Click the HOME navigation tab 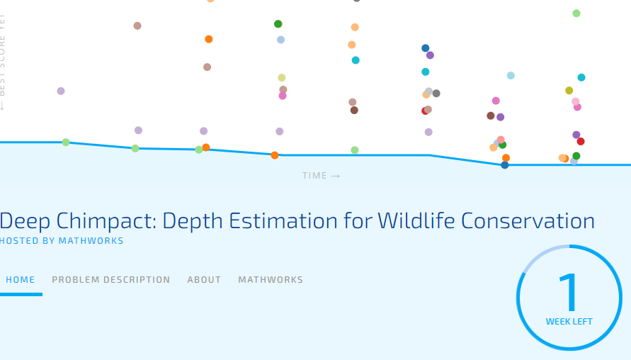[x=20, y=279]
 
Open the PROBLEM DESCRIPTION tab [x=110, y=279]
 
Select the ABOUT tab [x=204, y=279]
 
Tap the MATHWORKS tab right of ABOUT [x=271, y=279]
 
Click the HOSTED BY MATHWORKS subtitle [x=61, y=241]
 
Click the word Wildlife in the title [x=416, y=220]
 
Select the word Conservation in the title [x=528, y=220]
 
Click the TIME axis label [x=314, y=176]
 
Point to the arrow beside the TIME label [x=336, y=176]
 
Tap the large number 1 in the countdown [x=569, y=292]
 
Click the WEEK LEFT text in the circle [x=569, y=322]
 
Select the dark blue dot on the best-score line [x=505, y=164]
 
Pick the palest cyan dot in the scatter [x=511, y=75]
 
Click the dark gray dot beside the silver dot [x=436, y=94]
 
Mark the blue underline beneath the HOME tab [x=21, y=294]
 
